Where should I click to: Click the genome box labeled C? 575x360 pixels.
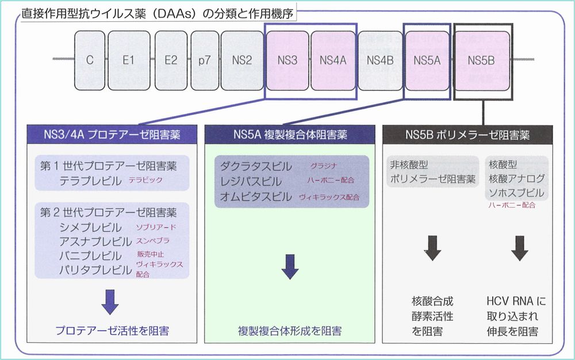90,60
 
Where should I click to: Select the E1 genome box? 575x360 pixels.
128,60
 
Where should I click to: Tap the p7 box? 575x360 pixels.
205,60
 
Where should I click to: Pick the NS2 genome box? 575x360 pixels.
242,60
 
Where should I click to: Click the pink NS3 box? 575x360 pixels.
287,60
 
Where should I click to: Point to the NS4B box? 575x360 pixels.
379,60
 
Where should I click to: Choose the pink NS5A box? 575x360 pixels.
426,60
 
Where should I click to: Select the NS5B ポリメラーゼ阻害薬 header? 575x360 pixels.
467,136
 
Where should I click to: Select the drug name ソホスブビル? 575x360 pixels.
516,193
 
